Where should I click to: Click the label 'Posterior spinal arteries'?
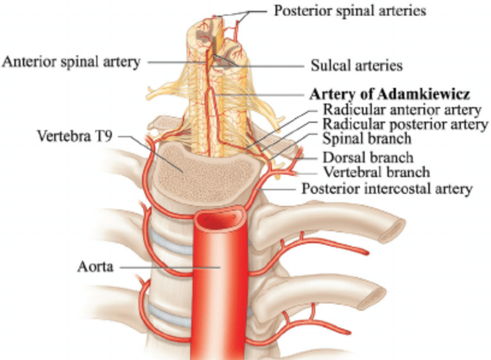[x=350, y=11]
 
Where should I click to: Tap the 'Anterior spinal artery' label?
[x=71, y=61]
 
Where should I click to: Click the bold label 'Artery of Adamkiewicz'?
[x=389, y=95]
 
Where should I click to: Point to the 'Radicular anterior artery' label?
[x=402, y=110]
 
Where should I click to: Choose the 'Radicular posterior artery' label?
[x=404, y=125]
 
